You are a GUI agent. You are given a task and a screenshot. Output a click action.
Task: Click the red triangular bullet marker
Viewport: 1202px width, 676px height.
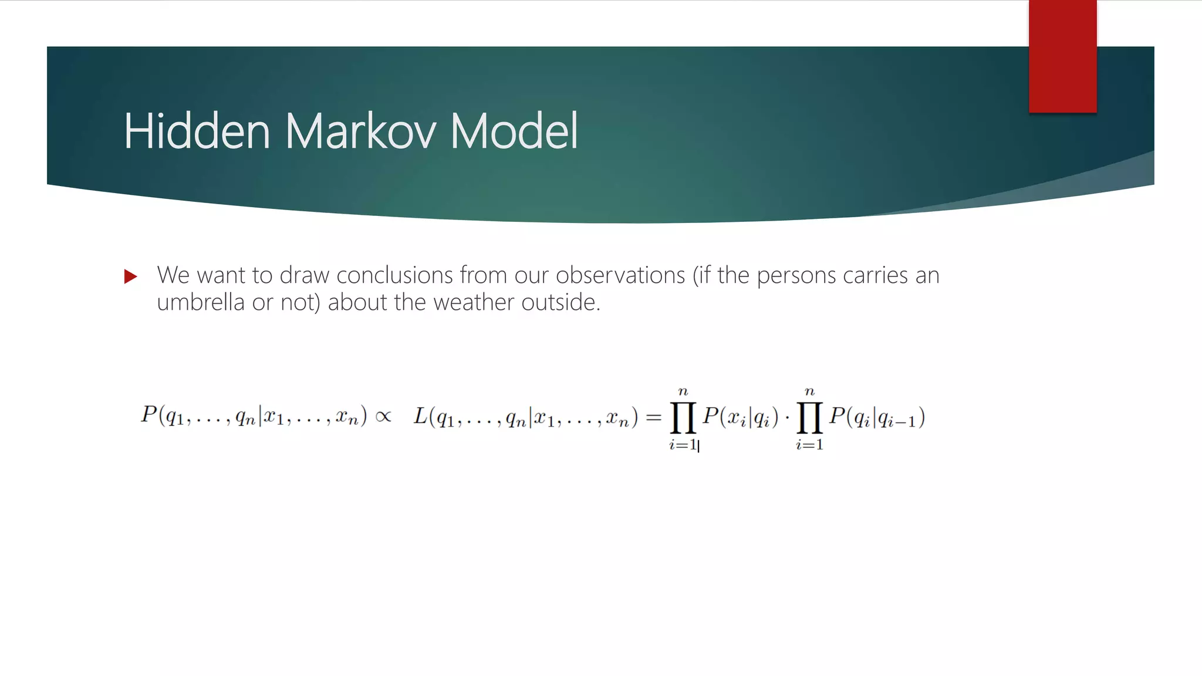(x=130, y=276)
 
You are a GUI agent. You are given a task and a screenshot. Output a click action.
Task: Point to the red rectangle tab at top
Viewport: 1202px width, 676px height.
(x=1062, y=56)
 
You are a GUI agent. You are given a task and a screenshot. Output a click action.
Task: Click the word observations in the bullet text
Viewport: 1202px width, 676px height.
(x=620, y=275)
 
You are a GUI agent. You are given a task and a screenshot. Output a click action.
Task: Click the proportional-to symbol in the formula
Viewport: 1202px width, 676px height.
(x=383, y=417)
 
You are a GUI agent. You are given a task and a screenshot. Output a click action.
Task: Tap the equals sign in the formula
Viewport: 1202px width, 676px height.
(x=653, y=417)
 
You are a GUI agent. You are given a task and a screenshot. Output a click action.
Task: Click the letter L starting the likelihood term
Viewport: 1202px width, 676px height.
(x=420, y=415)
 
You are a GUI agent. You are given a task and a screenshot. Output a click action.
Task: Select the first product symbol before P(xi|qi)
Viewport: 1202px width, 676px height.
(x=683, y=417)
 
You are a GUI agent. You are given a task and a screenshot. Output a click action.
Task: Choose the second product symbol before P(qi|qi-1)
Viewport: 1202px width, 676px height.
(x=810, y=417)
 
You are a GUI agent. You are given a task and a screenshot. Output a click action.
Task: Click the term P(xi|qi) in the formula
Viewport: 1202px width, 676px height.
(x=741, y=417)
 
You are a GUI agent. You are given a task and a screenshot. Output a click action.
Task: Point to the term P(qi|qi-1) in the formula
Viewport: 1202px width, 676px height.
(x=877, y=417)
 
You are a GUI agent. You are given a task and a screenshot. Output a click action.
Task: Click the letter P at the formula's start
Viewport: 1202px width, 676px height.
(x=148, y=414)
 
